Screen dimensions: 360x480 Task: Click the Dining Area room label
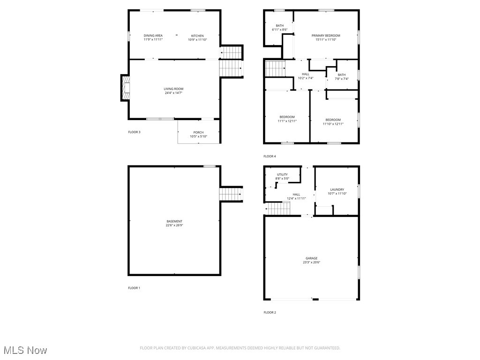[x=153, y=36]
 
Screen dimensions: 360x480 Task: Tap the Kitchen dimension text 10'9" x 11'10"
[x=197, y=40]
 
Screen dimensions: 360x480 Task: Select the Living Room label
[x=173, y=89]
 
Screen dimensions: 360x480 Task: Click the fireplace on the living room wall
[x=125, y=88]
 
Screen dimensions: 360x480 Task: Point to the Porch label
[x=198, y=132]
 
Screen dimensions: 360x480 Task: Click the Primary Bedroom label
[x=326, y=36]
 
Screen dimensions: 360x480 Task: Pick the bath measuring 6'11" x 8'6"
[x=279, y=28]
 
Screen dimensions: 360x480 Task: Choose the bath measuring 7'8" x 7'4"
[x=342, y=77]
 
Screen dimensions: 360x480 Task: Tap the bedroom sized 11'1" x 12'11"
[x=287, y=119]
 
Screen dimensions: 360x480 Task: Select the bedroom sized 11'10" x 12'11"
[x=333, y=121]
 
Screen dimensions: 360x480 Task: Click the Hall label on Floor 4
[x=306, y=74]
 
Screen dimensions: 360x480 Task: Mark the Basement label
[x=174, y=221]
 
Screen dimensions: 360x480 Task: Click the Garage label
[x=311, y=258]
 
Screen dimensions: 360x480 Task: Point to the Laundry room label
[x=337, y=190]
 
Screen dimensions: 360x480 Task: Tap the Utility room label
[x=282, y=174]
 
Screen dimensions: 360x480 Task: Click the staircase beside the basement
[x=231, y=194]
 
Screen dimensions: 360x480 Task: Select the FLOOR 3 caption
[x=134, y=132]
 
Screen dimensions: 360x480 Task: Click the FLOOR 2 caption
[x=270, y=312]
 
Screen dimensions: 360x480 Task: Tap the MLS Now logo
[x=25, y=350]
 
